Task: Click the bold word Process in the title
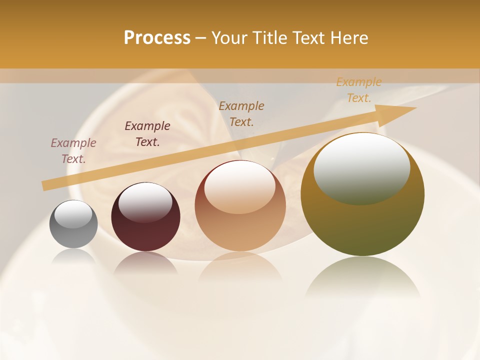click(x=157, y=38)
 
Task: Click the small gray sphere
click(x=73, y=224)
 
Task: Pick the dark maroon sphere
click(x=145, y=217)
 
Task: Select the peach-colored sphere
click(x=240, y=206)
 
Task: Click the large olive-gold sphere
click(x=362, y=194)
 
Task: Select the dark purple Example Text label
click(x=147, y=134)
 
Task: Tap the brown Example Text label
click(x=241, y=114)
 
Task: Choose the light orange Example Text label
click(x=358, y=90)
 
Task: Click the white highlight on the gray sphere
click(x=73, y=214)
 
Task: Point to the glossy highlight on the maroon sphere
click(x=145, y=202)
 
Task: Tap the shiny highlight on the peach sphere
click(x=240, y=186)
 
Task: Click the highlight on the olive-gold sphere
click(x=361, y=168)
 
